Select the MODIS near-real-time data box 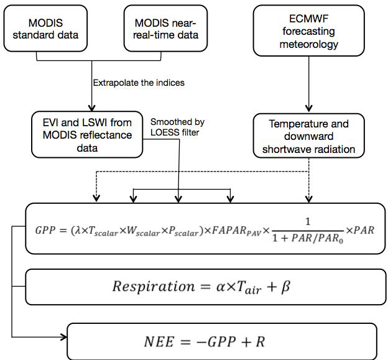(164, 29)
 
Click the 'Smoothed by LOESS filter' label (177, 127)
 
